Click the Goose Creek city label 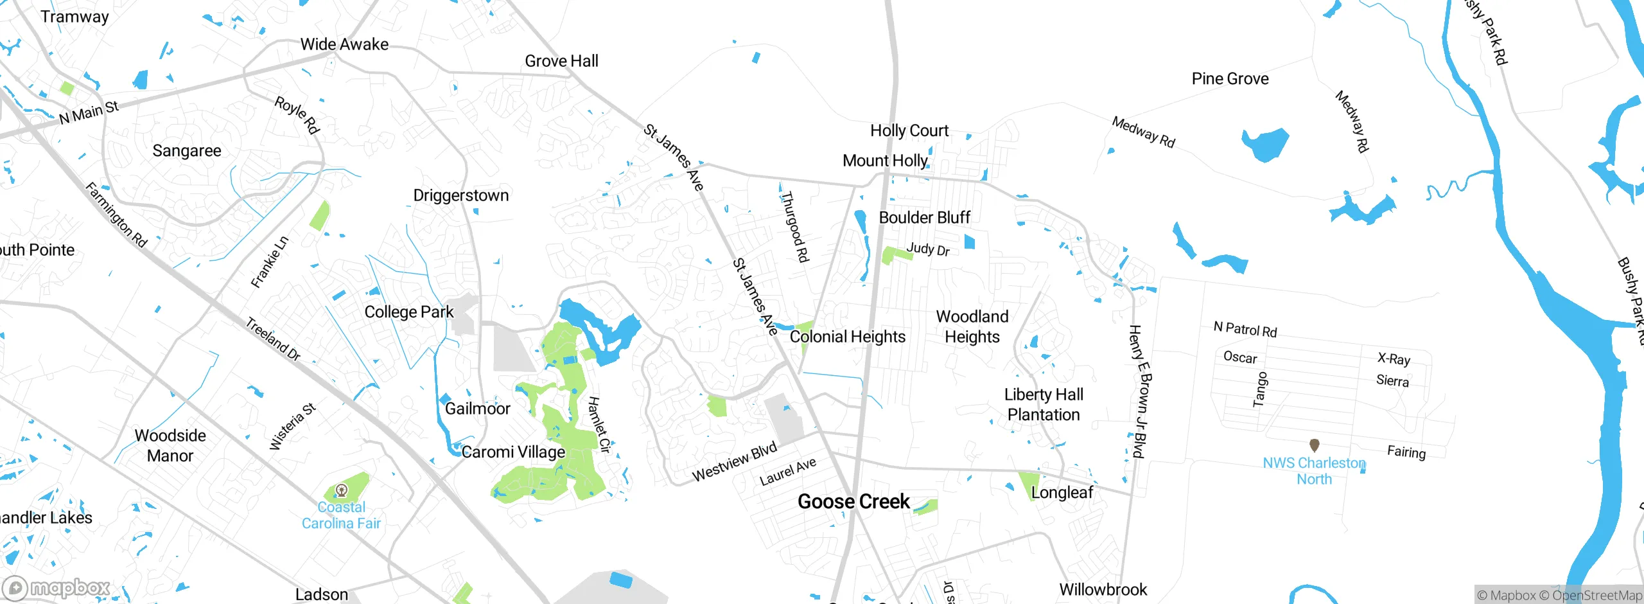point(853,502)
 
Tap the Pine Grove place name point(1230,79)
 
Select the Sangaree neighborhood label point(187,151)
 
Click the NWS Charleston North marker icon point(1314,445)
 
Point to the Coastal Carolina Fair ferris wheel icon point(342,491)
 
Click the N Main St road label point(89,113)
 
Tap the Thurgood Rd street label point(794,227)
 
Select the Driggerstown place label point(460,195)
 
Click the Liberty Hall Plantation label point(1044,405)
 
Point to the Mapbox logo point(58,587)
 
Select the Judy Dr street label point(927,249)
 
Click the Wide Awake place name point(344,44)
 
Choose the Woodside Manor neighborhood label point(170,445)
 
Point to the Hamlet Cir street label point(598,425)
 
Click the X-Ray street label point(1394,359)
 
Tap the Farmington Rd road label point(116,215)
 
